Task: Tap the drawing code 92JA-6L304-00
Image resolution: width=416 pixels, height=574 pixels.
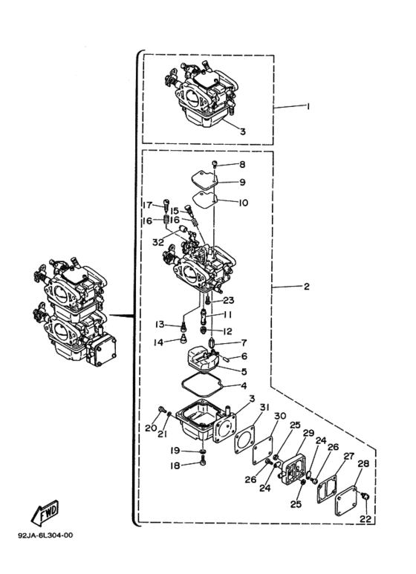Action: click(x=45, y=535)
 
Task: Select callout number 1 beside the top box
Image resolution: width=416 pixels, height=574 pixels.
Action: click(x=308, y=106)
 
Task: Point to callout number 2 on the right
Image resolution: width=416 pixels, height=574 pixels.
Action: click(x=307, y=287)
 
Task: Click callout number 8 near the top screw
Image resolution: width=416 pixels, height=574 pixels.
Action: click(x=242, y=165)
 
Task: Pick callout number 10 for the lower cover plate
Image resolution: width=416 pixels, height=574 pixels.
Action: click(x=244, y=203)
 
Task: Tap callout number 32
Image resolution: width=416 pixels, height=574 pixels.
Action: click(x=158, y=242)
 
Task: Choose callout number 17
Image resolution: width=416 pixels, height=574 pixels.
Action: click(x=147, y=205)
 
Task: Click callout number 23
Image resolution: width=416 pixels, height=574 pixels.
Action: click(x=229, y=301)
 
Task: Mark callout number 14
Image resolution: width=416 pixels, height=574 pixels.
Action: click(x=158, y=343)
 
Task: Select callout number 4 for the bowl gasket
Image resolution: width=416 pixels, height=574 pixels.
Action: click(x=244, y=385)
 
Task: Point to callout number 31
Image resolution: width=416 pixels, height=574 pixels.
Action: click(x=264, y=408)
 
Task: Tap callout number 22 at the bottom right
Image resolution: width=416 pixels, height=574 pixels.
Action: click(x=365, y=519)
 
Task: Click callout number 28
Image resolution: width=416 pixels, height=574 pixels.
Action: click(x=363, y=463)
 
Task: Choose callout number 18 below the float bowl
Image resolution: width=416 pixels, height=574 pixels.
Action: click(x=175, y=466)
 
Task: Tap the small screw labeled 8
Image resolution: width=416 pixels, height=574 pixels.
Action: click(x=215, y=163)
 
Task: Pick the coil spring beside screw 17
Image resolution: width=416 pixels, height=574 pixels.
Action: click(x=166, y=221)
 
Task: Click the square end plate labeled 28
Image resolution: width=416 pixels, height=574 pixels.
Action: click(x=346, y=500)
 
